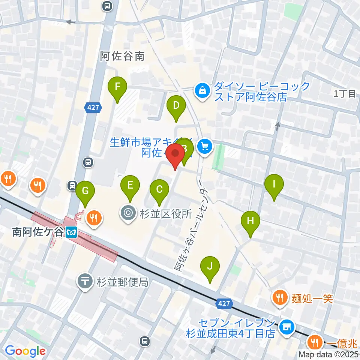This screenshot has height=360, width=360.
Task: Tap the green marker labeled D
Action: point(176,107)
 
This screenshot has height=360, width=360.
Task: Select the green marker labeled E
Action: point(130,186)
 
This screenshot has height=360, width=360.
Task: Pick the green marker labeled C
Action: point(159,189)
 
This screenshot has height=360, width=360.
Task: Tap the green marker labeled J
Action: point(210,267)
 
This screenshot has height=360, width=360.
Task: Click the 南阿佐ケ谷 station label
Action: point(37,232)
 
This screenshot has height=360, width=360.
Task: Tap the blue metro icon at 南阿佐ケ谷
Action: point(70,232)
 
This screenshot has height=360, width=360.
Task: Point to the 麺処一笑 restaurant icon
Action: point(280,298)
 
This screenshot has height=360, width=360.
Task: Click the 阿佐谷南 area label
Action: point(122,56)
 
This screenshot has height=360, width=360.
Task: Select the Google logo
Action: point(25,351)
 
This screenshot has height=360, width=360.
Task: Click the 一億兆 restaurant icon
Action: point(314,343)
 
